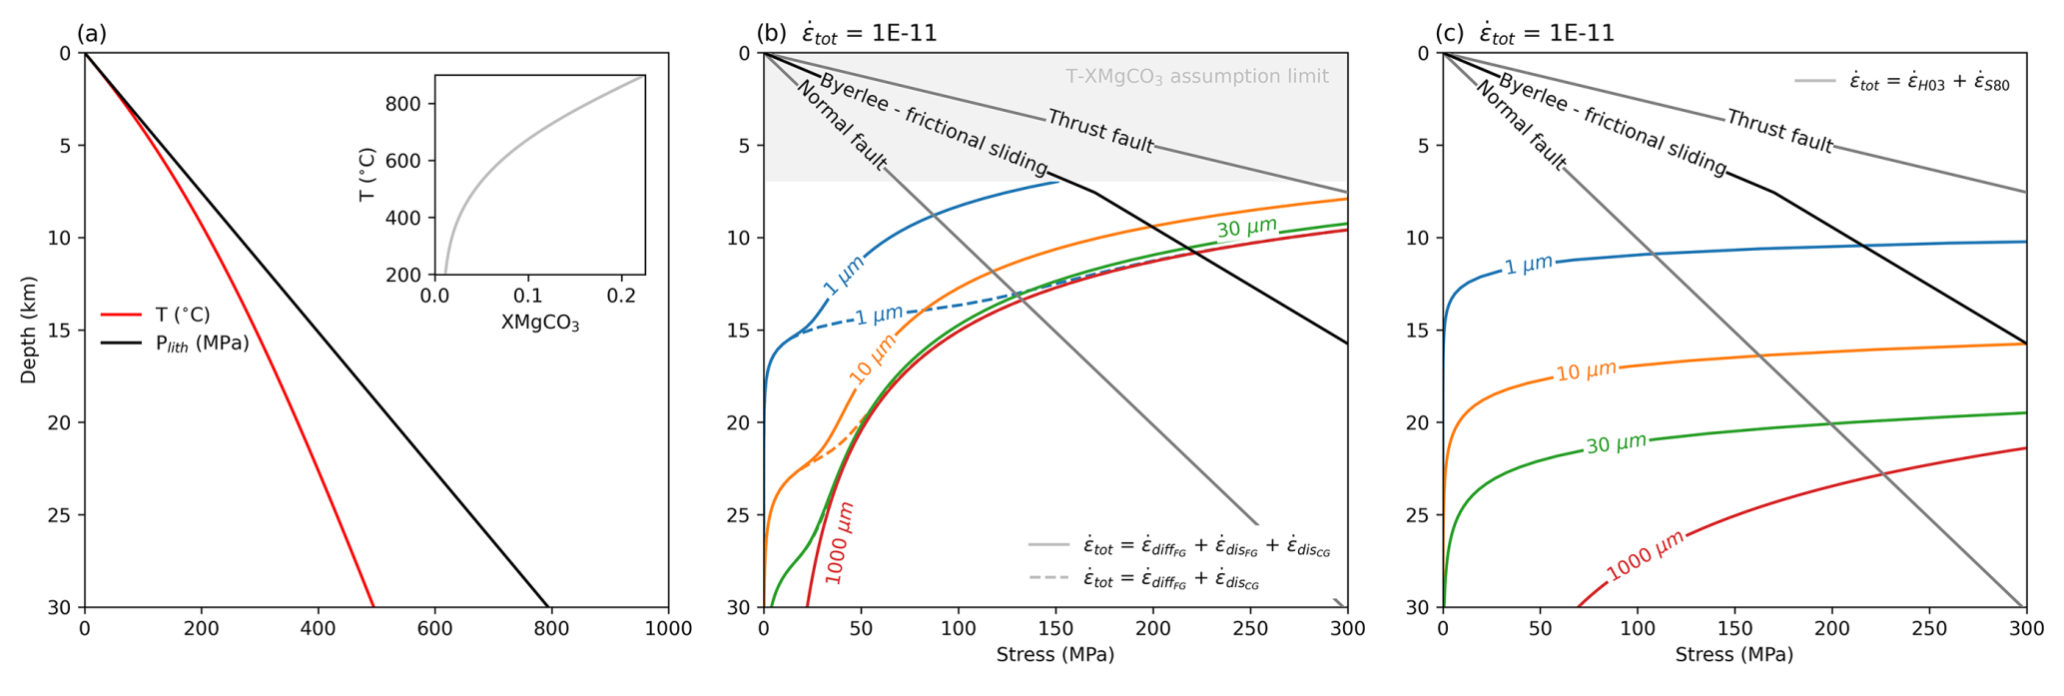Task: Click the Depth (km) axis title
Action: point(29,331)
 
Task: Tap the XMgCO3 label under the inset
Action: point(540,324)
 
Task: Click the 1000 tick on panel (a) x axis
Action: point(668,629)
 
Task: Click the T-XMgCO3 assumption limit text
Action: point(1196,77)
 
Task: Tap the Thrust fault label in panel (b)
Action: point(1099,132)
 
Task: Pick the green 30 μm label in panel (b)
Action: point(1246,229)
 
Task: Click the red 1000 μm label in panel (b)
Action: point(840,542)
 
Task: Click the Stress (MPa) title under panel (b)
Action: point(1054,655)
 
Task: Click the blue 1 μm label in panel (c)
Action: point(1529,265)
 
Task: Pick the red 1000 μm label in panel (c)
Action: point(1645,555)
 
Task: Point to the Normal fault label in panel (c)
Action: point(1520,126)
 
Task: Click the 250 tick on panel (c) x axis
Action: point(1929,629)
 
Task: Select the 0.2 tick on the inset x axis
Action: point(621,297)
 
